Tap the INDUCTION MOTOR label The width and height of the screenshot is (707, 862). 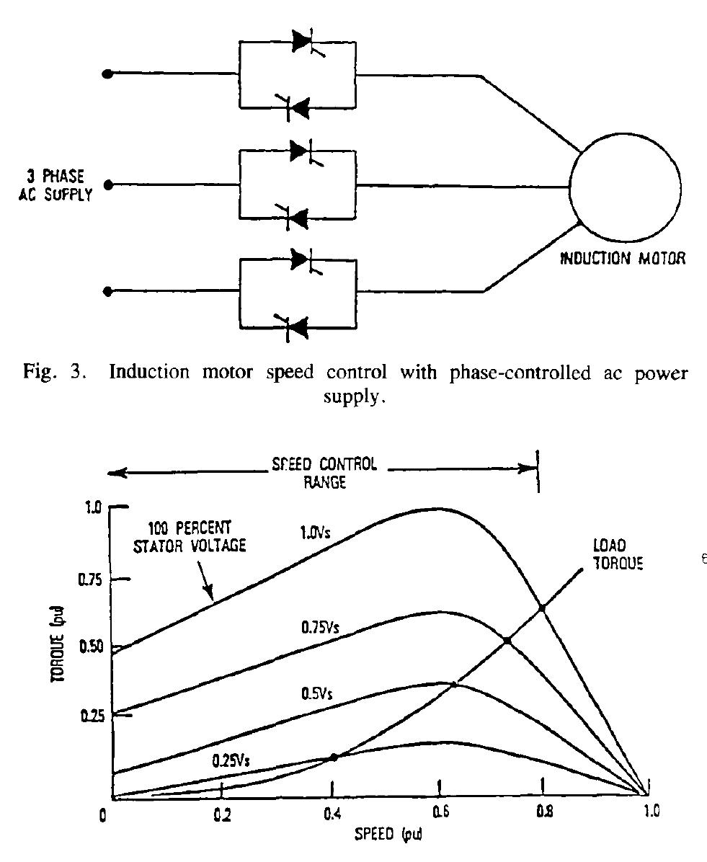point(623,258)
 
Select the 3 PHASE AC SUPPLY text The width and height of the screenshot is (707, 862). point(55,185)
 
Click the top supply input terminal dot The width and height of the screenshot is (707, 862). point(108,74)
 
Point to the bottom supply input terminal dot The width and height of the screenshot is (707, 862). point(108,290)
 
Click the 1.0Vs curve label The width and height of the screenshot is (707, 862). point(315,532)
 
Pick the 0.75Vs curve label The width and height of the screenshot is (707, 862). point(320,627)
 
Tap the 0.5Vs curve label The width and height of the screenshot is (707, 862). point(316,693)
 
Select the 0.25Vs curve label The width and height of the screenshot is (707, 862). point(231,761)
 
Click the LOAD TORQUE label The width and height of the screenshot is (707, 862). point(618,554)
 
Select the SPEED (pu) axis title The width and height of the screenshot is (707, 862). point(388,834)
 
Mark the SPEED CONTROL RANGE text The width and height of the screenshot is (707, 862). point(325,473)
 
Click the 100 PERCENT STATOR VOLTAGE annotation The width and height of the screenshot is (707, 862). point(189,536)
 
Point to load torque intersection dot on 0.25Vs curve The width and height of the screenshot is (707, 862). point(333,757)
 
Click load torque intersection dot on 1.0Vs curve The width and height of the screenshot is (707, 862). point(542,608)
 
